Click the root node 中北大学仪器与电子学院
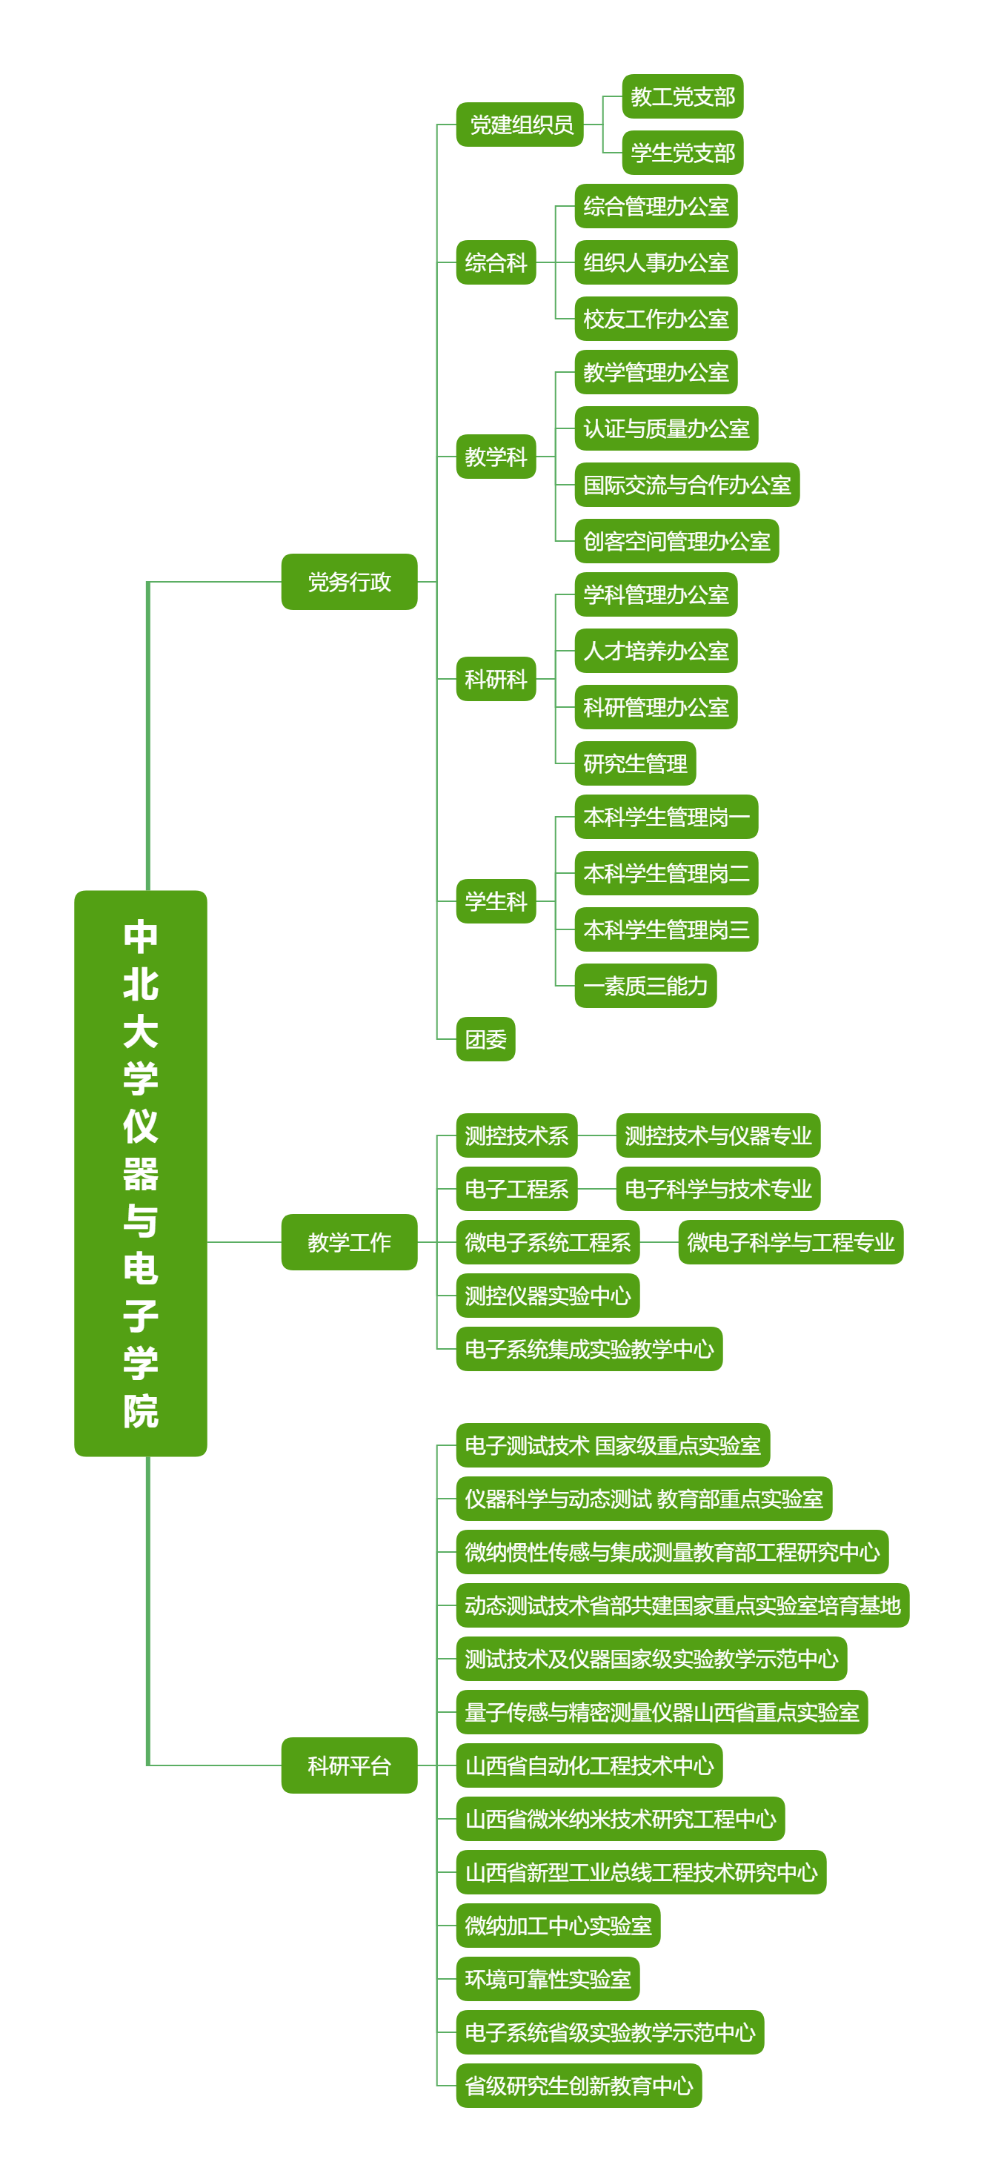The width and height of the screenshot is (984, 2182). (141, 1173)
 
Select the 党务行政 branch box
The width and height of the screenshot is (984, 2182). (349, 582)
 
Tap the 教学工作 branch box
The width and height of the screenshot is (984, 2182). (349, 1241)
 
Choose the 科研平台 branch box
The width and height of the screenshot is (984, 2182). (349, 1765)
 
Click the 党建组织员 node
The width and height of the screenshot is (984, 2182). (519, 125)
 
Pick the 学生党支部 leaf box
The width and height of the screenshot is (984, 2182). (682, 153)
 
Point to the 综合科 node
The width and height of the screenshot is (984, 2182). (496, 262)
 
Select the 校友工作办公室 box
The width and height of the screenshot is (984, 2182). (656, 319)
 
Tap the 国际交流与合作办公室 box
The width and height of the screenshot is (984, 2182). (687, 485)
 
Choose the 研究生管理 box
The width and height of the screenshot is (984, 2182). (635, 763)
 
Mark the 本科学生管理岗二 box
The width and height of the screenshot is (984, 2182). (665, 873)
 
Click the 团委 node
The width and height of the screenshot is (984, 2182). (485, 1038)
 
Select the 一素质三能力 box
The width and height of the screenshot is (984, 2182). (645, 986)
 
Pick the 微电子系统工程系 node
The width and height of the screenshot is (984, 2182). (547, 1241)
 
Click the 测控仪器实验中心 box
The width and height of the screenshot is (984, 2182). (547, 1295)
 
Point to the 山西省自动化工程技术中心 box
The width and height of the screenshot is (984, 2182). (588, 1765)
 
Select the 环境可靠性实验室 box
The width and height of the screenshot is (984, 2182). (547, 1979)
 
